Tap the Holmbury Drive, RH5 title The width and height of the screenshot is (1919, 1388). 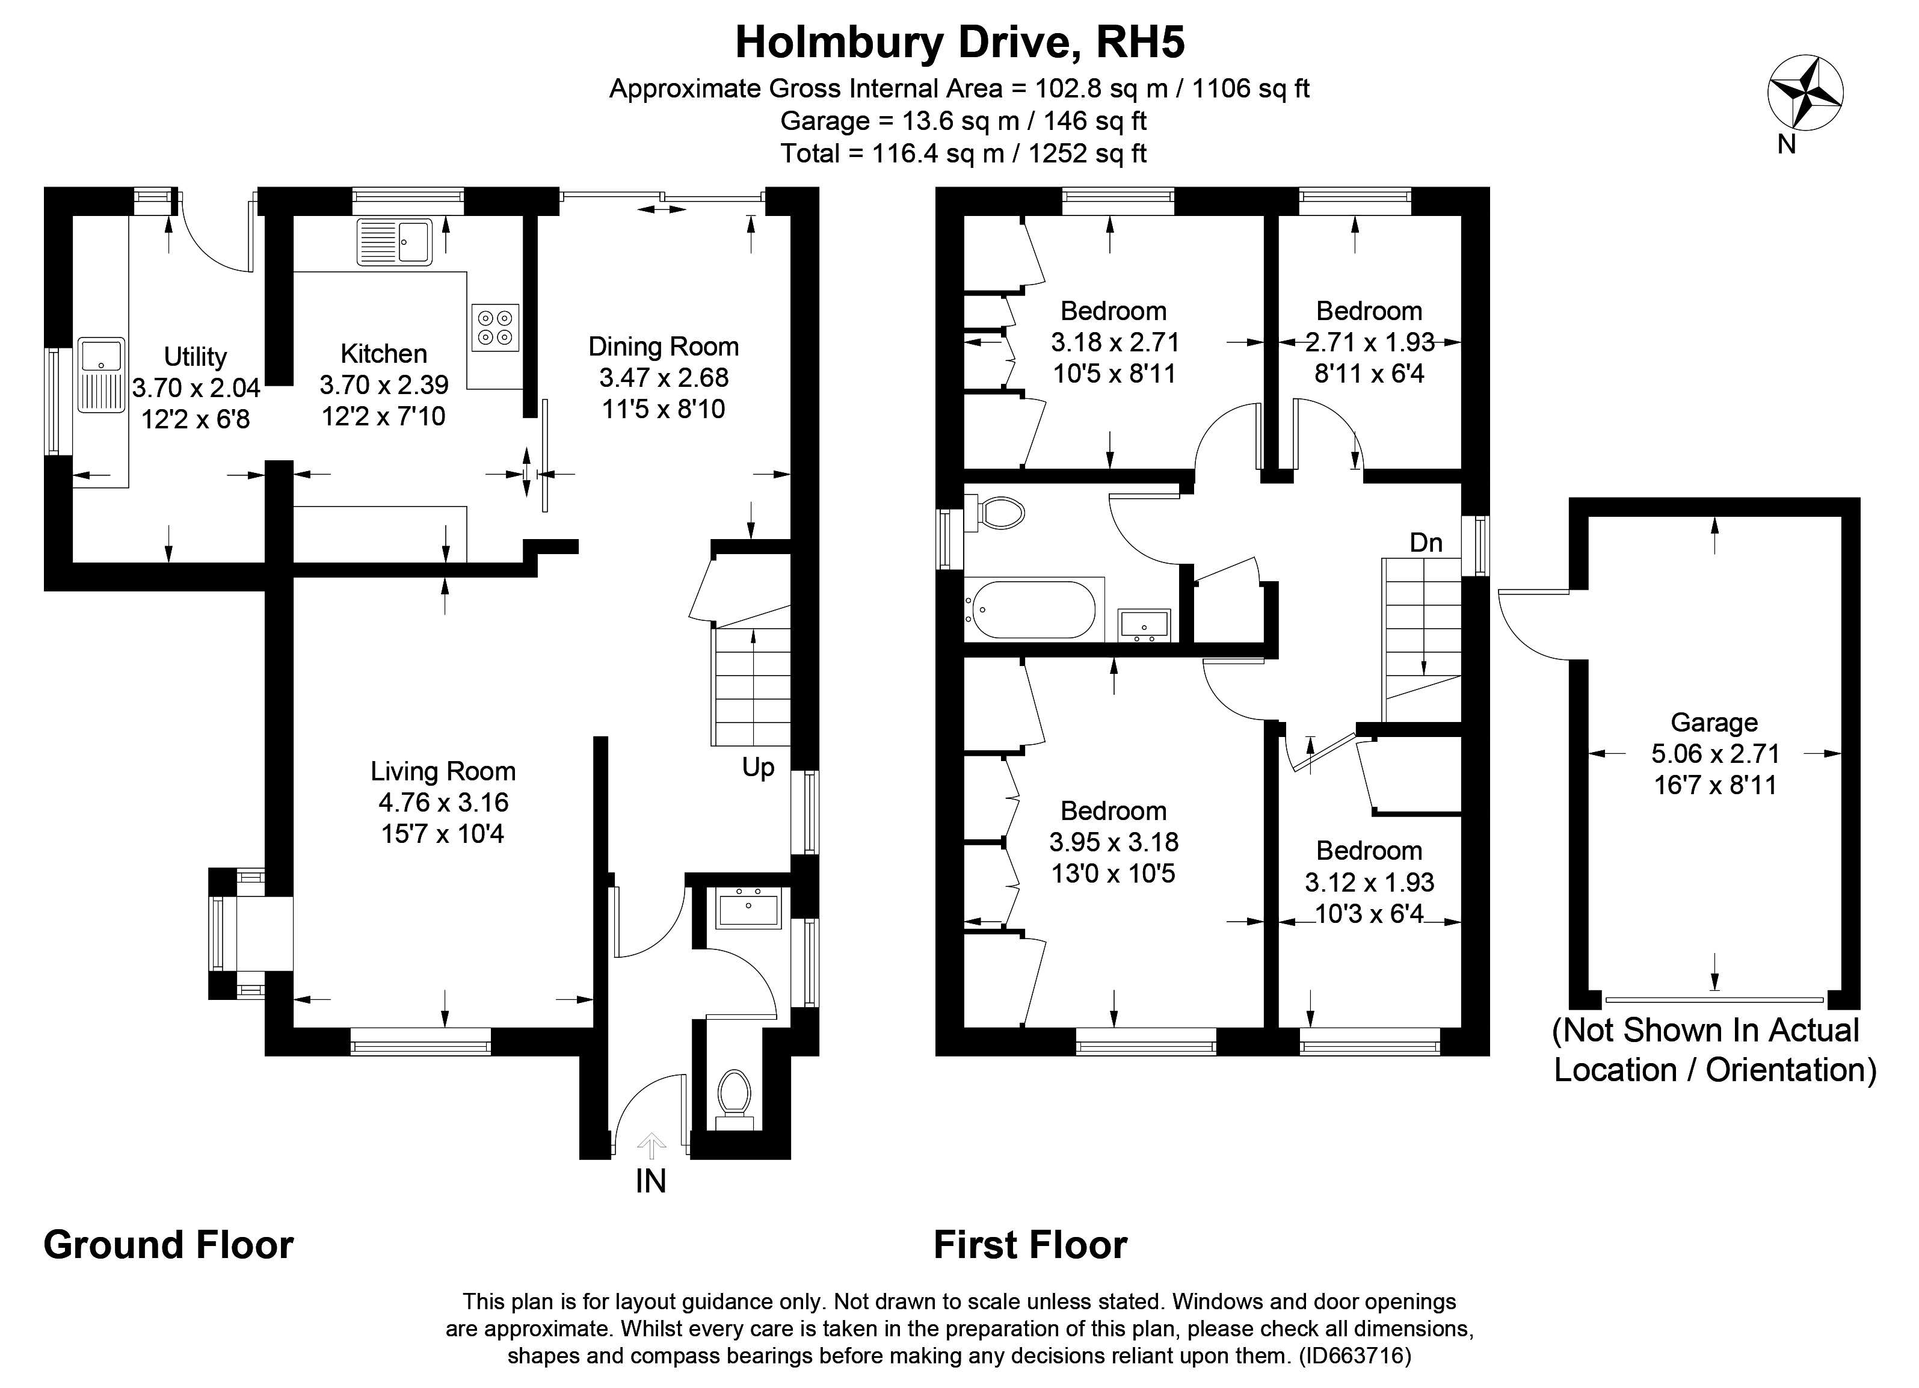pyautogui.click(x=960, y=42)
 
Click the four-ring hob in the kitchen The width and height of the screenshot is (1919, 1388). pyautogui.click(x=495, y=327)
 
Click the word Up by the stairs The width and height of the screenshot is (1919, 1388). pyautogui.click(x=758, y=768)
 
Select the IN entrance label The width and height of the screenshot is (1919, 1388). pyautogui.click(x=651, y=1180)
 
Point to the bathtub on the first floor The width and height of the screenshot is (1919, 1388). pyautogui.click(x=1033, y=609)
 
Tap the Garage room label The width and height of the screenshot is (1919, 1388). pyautogui.click(x=1714, y=722)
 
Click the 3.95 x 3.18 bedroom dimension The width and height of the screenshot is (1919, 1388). pyautogui.click(x=1114, y=842)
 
